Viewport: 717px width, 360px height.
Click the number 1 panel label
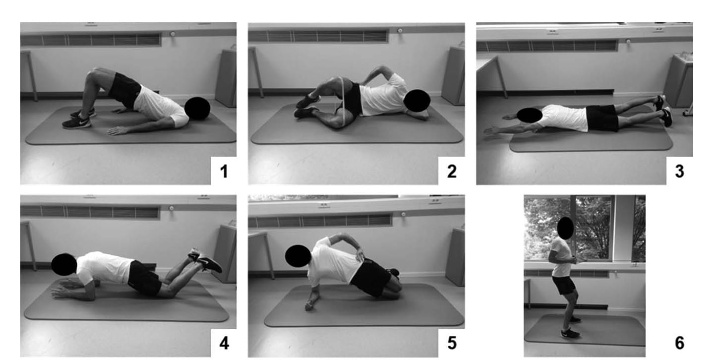pos(224,171)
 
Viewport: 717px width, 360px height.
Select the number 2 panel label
pos(452,171)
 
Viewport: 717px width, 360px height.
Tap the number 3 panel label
pos(679,171)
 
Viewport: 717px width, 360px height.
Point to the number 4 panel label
pos(224,343)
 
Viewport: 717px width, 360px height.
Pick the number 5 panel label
pos(452,343)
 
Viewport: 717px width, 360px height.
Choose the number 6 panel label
pos(679,343)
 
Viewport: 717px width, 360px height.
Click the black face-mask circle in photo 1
pos(197,109)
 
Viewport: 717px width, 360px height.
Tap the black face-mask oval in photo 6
pos(565,228)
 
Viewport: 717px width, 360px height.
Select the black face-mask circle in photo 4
pos(64,265)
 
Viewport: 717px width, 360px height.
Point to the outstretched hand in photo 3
pos(491,131)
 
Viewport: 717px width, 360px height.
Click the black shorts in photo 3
pos(602,118)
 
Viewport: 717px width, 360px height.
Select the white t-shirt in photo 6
pos(561,257)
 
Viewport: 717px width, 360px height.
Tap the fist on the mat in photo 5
pos(309,306)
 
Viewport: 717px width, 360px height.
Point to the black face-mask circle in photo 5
pos(298,256)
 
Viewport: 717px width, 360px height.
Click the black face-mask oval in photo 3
pos(530,115)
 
